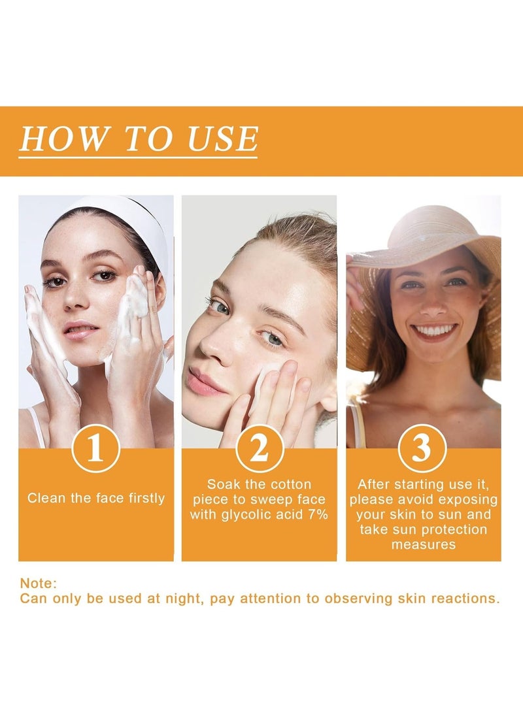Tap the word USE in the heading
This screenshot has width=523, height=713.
223,139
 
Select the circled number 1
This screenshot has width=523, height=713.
95,448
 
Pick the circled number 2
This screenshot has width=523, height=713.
260,448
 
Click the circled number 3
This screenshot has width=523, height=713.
422,448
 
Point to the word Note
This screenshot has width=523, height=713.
38,584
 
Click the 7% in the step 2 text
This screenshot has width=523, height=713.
318,514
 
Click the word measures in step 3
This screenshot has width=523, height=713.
424,545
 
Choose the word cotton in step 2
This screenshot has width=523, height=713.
291,484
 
